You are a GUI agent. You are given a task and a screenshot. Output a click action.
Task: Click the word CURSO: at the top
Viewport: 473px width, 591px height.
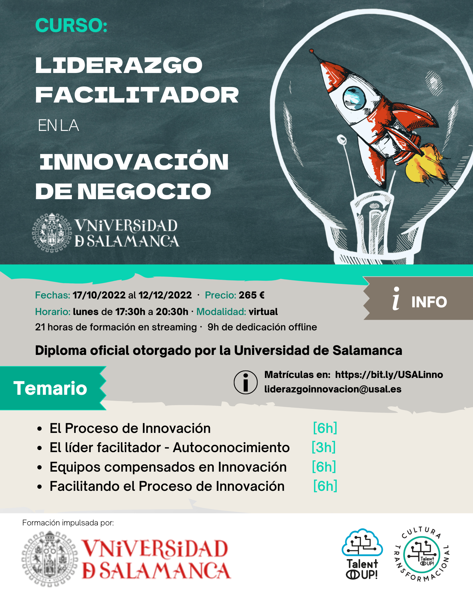(x=71, y=25)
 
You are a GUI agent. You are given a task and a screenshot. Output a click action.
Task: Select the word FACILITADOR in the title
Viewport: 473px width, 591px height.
(x=137, y=95)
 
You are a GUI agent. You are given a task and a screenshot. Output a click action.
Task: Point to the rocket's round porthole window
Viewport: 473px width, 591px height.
(x=354, y=98)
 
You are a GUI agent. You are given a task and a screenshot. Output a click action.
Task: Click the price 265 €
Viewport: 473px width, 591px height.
(x=252, y=295)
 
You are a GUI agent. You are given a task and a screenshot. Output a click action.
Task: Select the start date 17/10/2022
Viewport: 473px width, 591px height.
(x=99, y=295)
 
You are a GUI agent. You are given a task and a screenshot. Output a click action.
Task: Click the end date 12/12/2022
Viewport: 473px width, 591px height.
(x=165, y=295)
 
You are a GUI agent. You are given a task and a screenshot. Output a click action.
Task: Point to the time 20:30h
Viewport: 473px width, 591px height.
(x=172, y=311)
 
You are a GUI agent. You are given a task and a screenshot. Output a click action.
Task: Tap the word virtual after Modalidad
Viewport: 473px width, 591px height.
(x=263, y=311)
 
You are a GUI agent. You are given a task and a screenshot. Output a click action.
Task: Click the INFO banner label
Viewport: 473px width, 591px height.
(x=429, y=302)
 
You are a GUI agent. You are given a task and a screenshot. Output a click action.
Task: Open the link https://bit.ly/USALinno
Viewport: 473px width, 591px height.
(x=389, y=375)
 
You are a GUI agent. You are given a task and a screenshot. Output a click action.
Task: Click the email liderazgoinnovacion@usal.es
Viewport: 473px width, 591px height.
(x=333, y=389)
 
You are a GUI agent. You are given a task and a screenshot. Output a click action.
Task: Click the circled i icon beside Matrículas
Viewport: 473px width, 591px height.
(x=246, y=382)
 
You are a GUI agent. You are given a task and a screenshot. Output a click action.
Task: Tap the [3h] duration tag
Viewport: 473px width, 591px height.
(x=324, y=447)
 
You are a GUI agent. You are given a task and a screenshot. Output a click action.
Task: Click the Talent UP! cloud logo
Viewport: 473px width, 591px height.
(x=362, y=554)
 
